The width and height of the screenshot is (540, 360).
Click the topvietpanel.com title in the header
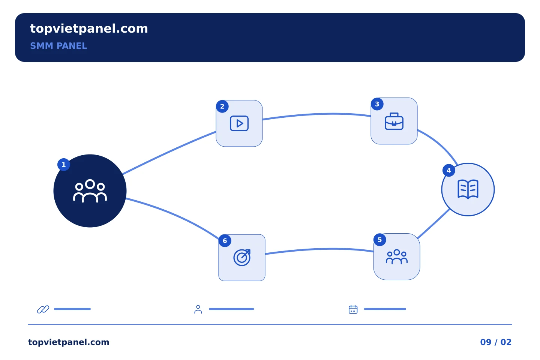coord(89,29)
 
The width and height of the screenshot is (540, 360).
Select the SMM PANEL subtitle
coord(58,46)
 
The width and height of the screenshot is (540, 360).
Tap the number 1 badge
coord(64,165)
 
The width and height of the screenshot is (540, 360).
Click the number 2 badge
coord(222,106)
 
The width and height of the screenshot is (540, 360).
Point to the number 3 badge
coord(377,104)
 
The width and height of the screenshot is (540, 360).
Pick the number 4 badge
coord(449,171)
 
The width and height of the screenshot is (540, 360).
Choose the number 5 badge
coord(379,240)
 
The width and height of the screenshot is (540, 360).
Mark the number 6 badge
coord(225,241)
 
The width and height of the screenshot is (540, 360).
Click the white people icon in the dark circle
coord(90,191)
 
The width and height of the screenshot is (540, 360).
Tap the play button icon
coord(239,123)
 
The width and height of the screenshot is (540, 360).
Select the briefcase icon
coord(394,121)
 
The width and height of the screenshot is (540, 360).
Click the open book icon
coord(468,189)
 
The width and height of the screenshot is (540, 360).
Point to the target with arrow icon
coord(242,258)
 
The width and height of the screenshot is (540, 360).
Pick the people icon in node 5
coord(397,257)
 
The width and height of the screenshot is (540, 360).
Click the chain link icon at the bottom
coord(43,309)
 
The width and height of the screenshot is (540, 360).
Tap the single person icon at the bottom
coord(198,309)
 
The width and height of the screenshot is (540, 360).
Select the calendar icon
coord(353,309)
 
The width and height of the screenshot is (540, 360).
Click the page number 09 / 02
coord(496,342)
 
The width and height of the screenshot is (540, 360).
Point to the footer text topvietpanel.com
coord(69,342)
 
